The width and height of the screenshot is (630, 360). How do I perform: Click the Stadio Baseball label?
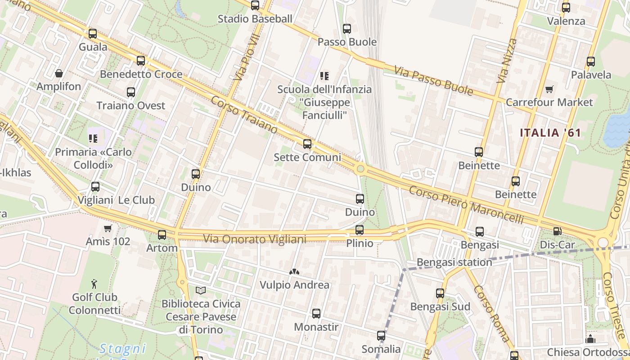(x=255, y=19)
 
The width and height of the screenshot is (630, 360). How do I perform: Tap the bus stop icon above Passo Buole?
(x=346, y=29)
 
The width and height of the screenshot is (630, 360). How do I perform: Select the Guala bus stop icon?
(x=93, y=34)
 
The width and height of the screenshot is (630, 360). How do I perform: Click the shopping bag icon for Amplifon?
(x=58, y=73)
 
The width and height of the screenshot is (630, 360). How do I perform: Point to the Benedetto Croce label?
(x=141, y=74)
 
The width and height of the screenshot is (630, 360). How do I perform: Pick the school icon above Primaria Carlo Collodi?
(x=93, y=139)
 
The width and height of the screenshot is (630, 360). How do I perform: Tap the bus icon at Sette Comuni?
(x=307, y=144)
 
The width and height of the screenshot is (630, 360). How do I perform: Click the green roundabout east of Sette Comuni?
(x=360, y=169)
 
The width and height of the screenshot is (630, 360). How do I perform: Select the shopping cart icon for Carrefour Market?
(x=549, y=89)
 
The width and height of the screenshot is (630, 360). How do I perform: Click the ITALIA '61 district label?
(x=550, y=133)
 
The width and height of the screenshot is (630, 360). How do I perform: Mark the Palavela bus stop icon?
(x=591, y=62)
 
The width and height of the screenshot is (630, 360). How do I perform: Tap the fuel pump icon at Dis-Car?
(x=557, y=231)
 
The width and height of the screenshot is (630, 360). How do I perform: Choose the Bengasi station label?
(x=454, y=262)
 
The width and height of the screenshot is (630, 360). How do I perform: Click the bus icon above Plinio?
(x=359, y=230)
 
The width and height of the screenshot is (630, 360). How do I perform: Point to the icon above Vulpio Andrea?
(x=294, y=272)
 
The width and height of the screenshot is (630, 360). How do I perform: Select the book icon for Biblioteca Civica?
(x=201, y=291)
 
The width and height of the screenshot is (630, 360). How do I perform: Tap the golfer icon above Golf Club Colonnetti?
(x=94, y=284)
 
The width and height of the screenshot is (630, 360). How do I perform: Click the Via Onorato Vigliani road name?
(x=255, y=239)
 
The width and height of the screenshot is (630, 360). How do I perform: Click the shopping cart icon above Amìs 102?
(x=108, y=228)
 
